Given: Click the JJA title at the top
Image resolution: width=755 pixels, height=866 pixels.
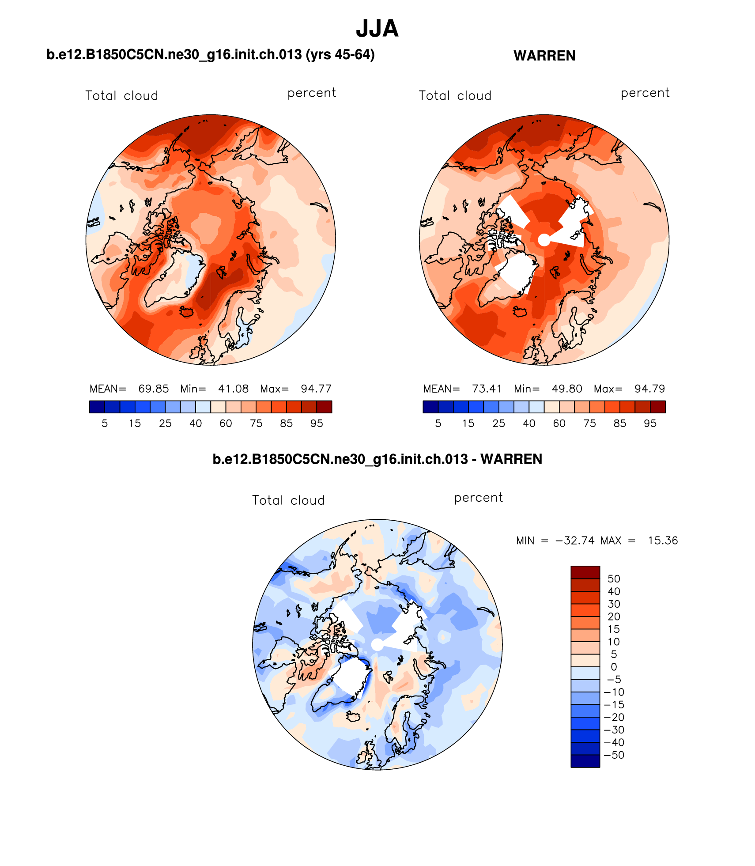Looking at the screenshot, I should coord(377,29).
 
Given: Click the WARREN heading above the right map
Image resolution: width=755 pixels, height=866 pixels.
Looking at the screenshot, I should coord(544,56).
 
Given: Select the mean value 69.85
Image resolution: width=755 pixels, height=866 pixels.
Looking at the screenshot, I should coord(153,389).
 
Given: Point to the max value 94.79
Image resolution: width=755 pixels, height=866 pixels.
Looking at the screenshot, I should coord(649,389).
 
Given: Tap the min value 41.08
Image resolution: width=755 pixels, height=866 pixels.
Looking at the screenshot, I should coord(233,389).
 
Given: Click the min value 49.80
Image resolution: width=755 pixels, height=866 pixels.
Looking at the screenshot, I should coord(567,389).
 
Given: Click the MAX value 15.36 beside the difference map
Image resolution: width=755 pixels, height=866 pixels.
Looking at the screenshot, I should coord(663,541).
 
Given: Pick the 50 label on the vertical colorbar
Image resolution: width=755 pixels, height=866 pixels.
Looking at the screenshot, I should coord(614,579).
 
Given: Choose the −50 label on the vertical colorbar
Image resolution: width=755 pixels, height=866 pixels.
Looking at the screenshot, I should coord(614,755).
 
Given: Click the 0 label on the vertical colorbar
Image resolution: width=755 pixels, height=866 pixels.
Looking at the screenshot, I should coord(614,667).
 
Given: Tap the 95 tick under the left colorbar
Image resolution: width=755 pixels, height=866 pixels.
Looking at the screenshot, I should coord(317,424).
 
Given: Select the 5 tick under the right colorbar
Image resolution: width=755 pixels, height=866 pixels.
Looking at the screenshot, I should coord(438,424).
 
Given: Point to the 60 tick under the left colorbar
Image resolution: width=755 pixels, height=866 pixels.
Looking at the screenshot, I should coord(226,424).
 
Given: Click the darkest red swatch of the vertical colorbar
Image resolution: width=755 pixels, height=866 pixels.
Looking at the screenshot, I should coord(585,572).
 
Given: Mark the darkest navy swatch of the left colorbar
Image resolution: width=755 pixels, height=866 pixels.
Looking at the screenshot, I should coord(97,407).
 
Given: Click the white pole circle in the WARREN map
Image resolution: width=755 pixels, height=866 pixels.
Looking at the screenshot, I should coord(544,240).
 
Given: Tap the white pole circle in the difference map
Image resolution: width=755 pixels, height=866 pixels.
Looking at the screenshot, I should coord(377,644).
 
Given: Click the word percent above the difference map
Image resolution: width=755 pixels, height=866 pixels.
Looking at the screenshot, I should coord(478,498).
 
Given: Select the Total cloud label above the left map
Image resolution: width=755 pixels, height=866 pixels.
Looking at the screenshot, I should coord(121,96).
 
